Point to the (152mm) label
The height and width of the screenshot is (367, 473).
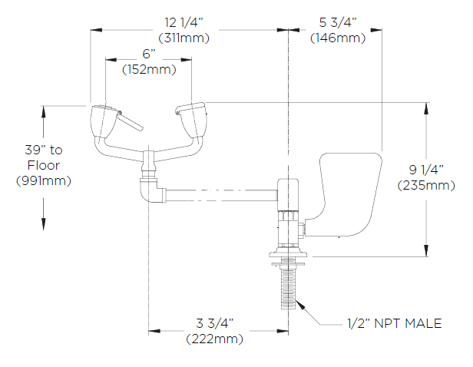[x=149, y=70]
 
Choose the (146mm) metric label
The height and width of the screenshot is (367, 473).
[x=338, y=37]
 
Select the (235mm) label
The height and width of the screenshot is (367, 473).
[x=425, y=185]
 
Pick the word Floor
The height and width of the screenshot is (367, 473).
[x=43, y=165]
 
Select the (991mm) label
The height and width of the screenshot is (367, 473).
[x=43, y=180]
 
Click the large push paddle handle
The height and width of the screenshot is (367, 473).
[x=349, y=192]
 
